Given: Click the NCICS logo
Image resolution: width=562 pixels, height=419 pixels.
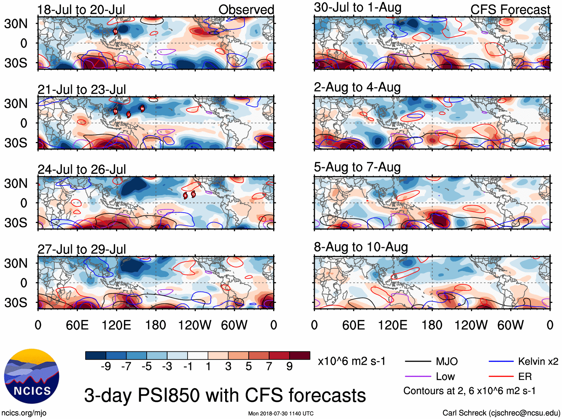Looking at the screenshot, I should coord(32,376).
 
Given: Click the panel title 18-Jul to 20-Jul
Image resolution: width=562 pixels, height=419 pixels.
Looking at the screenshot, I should coord(81,10).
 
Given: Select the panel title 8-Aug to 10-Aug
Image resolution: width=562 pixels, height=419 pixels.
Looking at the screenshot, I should coord(361,247).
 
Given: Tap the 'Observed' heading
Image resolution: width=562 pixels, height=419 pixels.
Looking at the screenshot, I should coord(246,10).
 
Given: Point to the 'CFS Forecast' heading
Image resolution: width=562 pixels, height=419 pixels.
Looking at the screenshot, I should coord(510,10).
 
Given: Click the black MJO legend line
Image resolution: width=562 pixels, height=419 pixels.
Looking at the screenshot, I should coord(418,361).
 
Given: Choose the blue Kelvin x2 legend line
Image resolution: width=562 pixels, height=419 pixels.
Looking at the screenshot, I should coord(501,361).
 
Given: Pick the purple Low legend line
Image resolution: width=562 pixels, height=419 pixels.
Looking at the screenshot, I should coord(418,377).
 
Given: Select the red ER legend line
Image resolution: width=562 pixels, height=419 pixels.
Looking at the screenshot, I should coord(501,377).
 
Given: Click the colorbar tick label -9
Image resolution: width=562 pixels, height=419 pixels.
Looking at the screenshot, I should coord(106,367).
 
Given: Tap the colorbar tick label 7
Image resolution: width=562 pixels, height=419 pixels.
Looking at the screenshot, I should coord(269,367).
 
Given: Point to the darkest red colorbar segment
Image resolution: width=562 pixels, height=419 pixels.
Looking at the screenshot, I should coord(300,355).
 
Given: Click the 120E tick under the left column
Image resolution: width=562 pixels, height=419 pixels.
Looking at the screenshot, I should coord(116,325).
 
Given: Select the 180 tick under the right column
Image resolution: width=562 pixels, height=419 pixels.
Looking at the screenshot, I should coord(432,325).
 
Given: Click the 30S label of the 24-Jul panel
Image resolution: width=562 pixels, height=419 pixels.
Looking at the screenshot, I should coord(16,223).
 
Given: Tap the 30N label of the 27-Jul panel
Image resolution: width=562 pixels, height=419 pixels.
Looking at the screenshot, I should coord(16,263).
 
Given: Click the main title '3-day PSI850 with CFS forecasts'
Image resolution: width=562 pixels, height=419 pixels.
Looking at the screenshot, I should coord(225,395).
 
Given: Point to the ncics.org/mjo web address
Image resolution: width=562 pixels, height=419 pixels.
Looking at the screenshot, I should coord(24,413).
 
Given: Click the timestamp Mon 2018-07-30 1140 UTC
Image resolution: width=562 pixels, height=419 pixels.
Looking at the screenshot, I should coord(281,413).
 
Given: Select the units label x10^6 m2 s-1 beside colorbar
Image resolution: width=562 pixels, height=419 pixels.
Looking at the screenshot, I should coord(351,361).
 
